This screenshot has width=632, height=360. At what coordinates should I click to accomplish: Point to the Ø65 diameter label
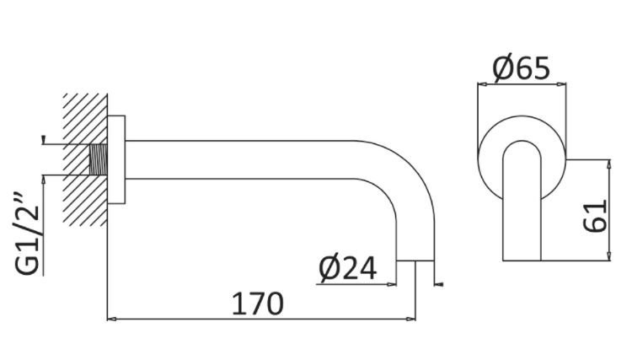520,67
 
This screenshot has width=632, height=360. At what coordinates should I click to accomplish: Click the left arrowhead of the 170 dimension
112,320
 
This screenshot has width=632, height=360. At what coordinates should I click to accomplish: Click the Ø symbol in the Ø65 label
502,67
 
